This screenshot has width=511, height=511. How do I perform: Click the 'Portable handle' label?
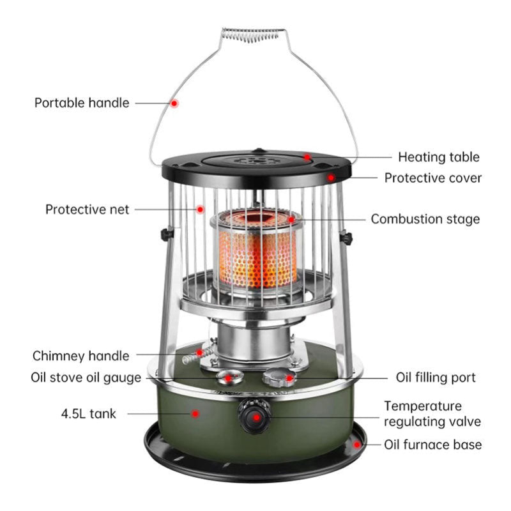click(82, 103)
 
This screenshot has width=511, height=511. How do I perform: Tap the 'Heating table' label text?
click(438, 156)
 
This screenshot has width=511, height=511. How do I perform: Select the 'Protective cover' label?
click(432, 178)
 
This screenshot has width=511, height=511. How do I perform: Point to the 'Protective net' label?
click(87, 210)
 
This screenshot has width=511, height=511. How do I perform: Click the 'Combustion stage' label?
click(425, 219)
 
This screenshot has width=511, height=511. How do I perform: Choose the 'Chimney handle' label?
click(80, 356)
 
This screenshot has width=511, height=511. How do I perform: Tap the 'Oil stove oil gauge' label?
click(86, 378)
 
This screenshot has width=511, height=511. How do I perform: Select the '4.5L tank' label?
click(89, 414)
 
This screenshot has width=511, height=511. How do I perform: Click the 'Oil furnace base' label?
click(432, 445)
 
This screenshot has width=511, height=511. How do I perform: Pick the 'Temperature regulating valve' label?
click(432, 413)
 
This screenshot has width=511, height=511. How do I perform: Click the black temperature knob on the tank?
click(254, 416)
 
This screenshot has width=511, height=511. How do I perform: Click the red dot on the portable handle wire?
click(174, 103)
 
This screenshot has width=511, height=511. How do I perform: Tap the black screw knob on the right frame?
click(346, 239)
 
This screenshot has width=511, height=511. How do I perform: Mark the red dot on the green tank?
click(196, 414)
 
